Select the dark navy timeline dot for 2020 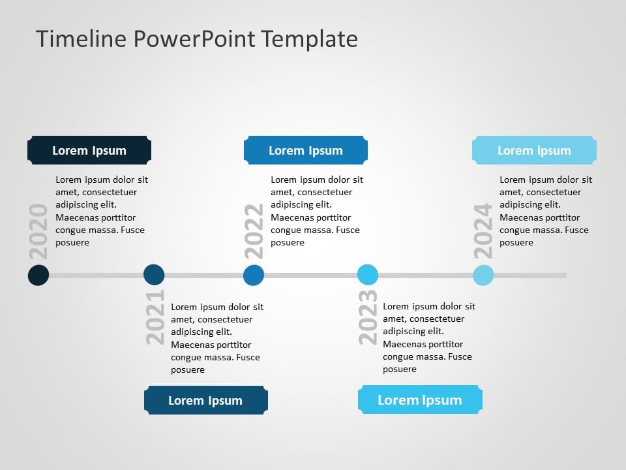click(x=38, y=275)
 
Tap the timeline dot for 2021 click(x=154, y=275)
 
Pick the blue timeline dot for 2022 click(x=254, y=275)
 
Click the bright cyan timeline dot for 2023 click(x=368, y=275)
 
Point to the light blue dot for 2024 click(x=483, y=275)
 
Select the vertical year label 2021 click(x=155, y=317)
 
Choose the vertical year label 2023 click(x=368, y=317)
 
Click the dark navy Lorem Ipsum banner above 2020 click(x=89, y=150)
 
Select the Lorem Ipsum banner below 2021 click(x=205, y=400)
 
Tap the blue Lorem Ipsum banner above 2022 click(x=305, y=150)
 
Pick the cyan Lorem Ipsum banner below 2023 click(x=420, y=399)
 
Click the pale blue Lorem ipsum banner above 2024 click(x=534, y=150)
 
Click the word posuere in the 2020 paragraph click(x=72, y=242)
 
